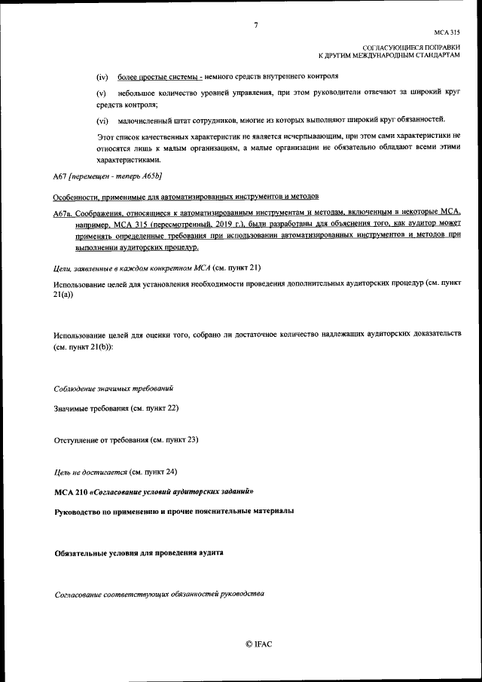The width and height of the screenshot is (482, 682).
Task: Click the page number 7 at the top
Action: click(x=256, y=25)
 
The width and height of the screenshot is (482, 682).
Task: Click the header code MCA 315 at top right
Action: click(x=447, y=32)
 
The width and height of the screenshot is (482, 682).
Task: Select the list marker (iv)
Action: click(x=102, y=77)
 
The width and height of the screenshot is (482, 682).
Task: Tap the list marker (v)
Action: click(x=101, y=92)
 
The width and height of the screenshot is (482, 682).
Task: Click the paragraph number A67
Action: click(x=60, y=176)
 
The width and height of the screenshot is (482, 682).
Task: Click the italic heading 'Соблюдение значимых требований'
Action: click(x=114, y=389)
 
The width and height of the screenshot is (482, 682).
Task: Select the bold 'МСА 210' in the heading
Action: click(x=71, y=491)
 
